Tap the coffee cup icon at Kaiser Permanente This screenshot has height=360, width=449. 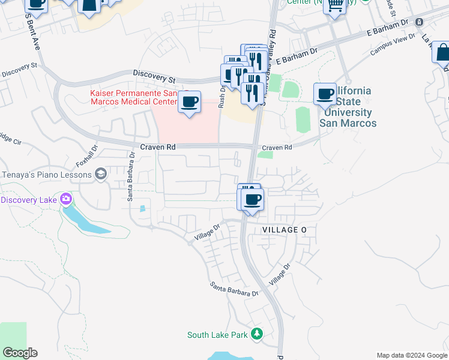pos(190,102)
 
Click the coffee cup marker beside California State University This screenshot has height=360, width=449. pos(325,94)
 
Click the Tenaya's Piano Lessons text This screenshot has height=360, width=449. pos(46,175)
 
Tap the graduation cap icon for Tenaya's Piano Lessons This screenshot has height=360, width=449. pos(101,175)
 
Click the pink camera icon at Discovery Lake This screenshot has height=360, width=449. pos(66,199)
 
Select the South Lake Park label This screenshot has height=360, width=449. pos(218,335)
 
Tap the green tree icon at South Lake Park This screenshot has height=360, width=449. pos(257,333)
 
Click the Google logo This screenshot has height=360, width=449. pos(20,353)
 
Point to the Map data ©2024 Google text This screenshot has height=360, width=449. pos(411,355)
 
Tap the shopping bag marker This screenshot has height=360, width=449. pos(443,52)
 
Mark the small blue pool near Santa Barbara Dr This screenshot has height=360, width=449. pos(142,209)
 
